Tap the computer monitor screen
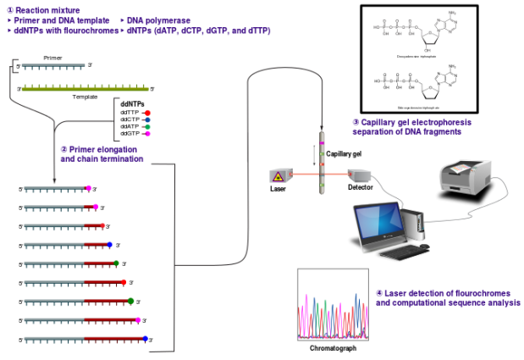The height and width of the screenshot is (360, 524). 379,223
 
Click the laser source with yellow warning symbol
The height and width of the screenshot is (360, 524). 280,175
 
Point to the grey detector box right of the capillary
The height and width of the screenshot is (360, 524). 359,175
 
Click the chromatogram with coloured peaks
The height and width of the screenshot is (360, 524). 332,305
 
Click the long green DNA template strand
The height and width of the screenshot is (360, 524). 85,88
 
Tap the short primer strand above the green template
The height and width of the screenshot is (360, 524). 52,65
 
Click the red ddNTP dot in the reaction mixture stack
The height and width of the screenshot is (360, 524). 147,113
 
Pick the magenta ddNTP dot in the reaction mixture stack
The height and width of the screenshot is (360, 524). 147,134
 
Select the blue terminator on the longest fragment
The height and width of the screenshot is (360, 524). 146,338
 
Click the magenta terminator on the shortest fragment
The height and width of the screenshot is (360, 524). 89,188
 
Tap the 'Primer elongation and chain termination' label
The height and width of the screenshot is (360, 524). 102,153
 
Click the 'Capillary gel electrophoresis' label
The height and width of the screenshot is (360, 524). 411,127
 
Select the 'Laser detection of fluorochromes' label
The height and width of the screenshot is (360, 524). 447,297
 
